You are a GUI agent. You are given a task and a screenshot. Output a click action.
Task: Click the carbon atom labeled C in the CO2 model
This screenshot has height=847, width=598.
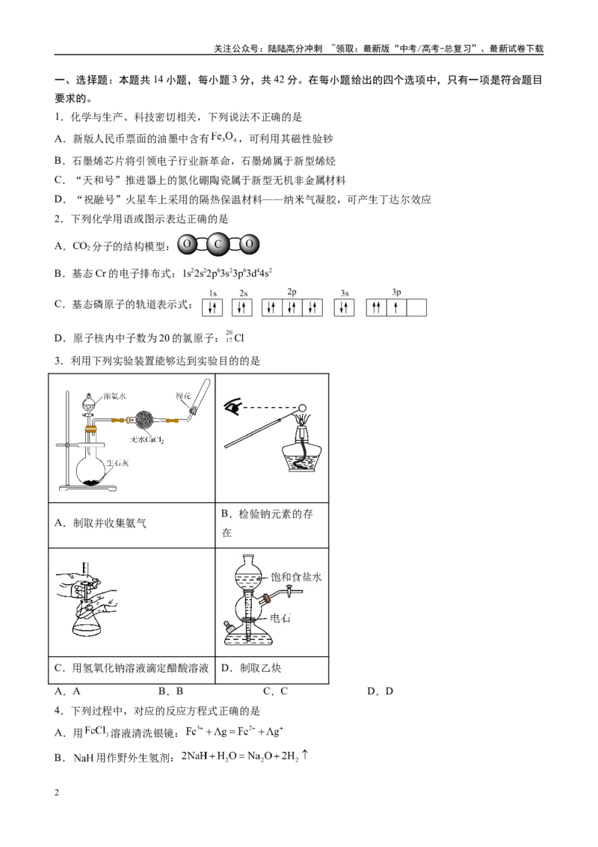click(x=218, y=244)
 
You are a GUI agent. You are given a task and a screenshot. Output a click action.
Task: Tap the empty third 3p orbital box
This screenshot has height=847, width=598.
click(x=416, y=308)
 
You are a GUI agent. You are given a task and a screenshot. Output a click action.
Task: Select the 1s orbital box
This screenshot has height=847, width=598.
click(x=212, y=308)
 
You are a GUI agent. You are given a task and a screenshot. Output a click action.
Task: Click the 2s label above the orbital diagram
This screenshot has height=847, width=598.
click(x=244, y=293)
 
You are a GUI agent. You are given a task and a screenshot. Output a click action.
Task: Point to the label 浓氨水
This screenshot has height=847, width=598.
click(x=114, y=396)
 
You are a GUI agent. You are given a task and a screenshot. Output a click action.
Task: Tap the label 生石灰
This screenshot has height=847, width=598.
click(x=117, y=463)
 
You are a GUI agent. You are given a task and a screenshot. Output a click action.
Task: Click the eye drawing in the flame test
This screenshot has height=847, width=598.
click(x=232, y=407)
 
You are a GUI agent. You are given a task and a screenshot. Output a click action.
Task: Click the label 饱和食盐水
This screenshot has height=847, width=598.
click(x=296, y=577)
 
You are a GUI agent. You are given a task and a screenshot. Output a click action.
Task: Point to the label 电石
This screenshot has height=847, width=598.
click(x=280, y=618)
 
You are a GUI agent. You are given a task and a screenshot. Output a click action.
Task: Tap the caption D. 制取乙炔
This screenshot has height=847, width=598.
click(x=251, y=668)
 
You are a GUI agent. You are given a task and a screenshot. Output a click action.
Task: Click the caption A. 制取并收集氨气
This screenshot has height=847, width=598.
click(x=100, y=523)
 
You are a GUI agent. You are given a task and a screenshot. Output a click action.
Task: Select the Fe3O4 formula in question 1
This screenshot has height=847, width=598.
click(x=224, y=138)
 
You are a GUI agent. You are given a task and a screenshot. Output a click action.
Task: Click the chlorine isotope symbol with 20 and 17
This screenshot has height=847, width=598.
click(x=235, y=337)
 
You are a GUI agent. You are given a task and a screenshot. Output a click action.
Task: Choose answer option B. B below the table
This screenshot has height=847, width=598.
click(x=171, y=691)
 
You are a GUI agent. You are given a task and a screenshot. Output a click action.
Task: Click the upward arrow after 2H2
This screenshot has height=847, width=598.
click(x=306, y=755)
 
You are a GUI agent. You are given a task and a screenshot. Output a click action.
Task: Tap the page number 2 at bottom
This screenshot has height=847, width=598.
click(x=57, y=792)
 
